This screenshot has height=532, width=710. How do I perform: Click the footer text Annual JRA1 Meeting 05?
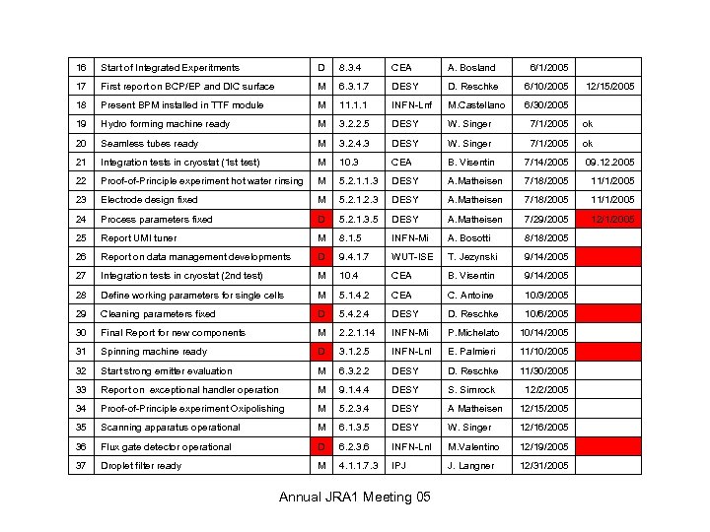tap(355, 497)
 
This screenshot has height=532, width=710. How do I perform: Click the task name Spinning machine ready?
tap(154, 352)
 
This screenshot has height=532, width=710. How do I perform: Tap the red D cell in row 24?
tap(320, 220)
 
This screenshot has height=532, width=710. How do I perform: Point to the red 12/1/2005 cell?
tap(609, 220)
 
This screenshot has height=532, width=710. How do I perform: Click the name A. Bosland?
tap(471, 68)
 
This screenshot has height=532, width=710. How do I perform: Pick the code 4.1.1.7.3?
tap(359, 466)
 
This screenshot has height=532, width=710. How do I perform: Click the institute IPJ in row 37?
tap(400, 466)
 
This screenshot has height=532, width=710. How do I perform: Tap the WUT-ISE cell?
tap(412, 257)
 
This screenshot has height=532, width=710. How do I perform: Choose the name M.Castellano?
tap(476, 105)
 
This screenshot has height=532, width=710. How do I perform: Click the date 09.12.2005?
tap(609, 163)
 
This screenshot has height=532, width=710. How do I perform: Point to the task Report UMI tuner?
tap(139, 238)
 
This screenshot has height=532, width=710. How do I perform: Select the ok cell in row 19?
tap(588, 125)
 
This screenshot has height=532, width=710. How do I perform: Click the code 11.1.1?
tap(354, 105)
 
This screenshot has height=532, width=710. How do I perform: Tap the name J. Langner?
tap(470, 466)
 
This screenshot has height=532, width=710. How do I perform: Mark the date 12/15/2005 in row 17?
tap(609, 87)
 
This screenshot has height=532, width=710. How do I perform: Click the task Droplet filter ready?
tap(141, 466)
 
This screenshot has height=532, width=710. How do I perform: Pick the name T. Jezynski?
tap(472, 257)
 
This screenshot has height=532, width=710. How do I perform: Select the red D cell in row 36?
tap(320, 447)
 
